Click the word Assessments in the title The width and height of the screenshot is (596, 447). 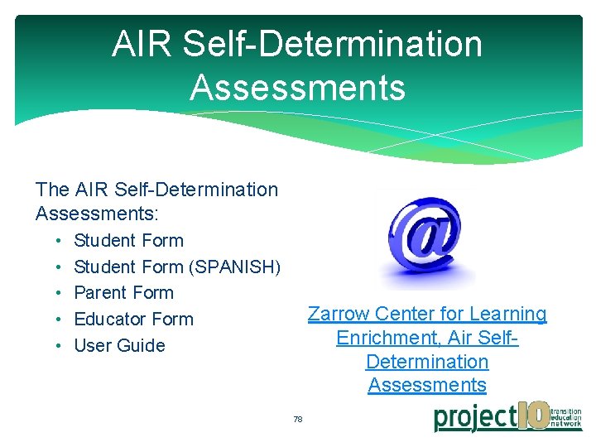click(297, 87)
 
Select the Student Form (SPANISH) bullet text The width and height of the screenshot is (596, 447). click(177, 267)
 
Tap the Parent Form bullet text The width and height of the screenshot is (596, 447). click(123, 293)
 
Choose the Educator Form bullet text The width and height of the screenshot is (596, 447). click(133, 320)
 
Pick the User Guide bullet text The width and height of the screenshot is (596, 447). click(119, 346)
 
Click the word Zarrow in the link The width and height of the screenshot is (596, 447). click(339, 315)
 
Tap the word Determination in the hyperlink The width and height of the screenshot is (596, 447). click(427, 362)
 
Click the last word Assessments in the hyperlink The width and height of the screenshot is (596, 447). click(427, 385)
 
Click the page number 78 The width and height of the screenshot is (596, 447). click(298, 420)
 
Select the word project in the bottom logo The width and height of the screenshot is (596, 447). click(475, 417)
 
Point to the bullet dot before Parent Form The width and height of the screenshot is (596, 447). click(61, 293)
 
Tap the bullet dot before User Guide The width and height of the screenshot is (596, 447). click(61, 346)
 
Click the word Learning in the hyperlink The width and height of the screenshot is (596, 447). click(508, 315)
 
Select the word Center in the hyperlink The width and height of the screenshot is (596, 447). click(402, 315)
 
